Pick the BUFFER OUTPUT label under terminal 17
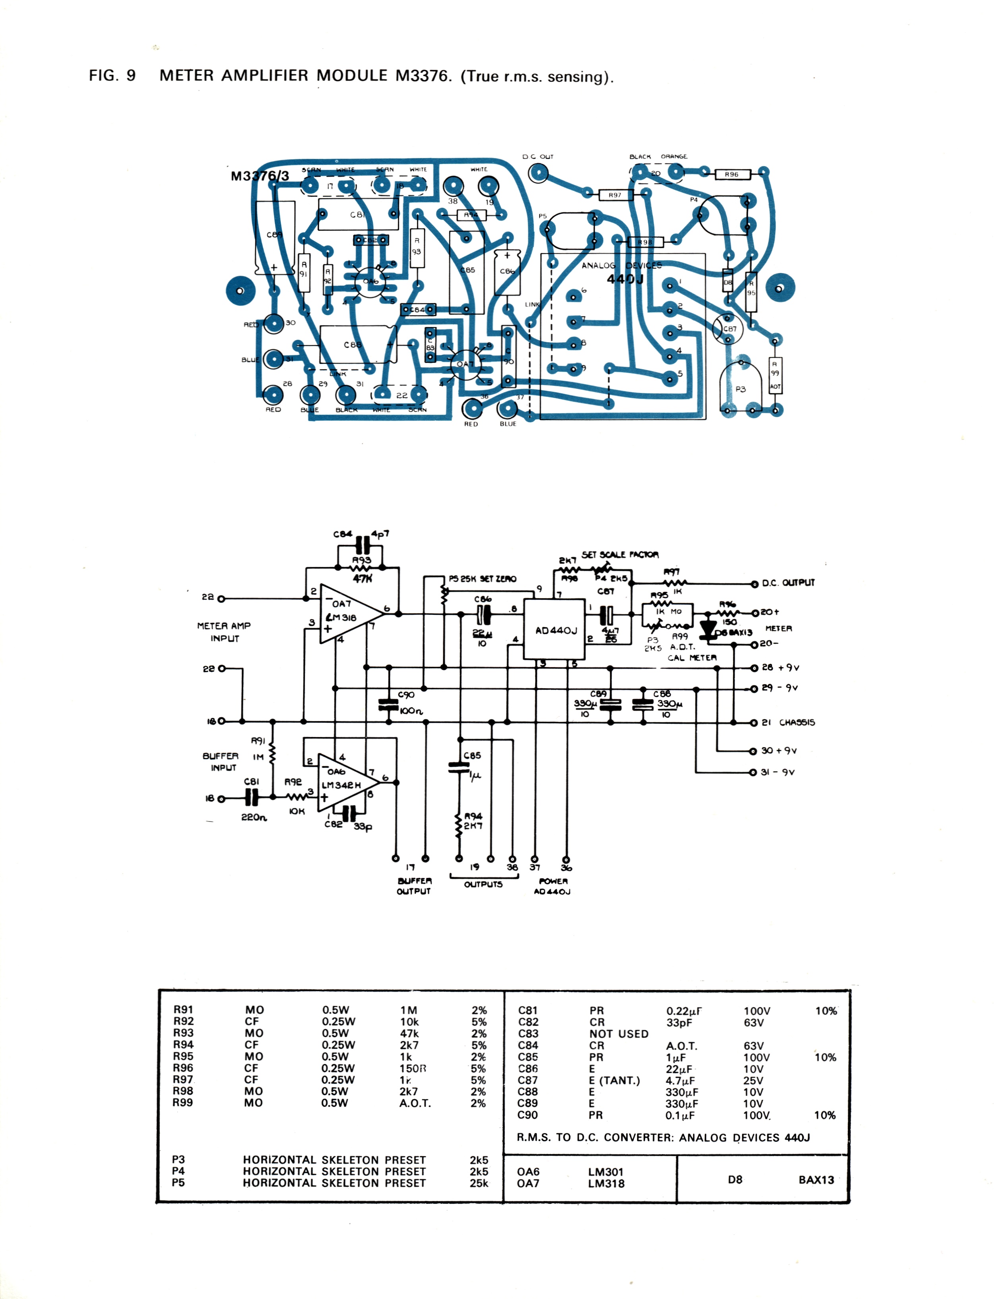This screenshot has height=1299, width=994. [414, 886]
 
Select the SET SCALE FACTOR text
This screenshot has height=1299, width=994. [620, 554]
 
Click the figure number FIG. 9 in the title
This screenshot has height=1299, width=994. [112, 76]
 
